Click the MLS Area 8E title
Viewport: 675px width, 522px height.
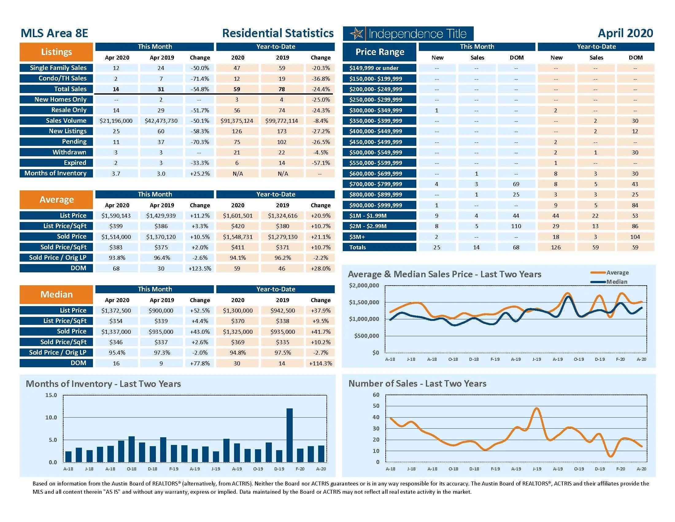54,33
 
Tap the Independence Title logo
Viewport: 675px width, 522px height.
408,33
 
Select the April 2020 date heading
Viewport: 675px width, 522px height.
625,33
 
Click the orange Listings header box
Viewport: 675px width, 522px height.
56,52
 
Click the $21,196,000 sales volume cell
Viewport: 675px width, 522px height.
116,121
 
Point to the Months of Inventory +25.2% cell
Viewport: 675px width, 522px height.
200,173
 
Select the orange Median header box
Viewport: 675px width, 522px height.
56,294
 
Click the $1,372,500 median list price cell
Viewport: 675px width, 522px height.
116,310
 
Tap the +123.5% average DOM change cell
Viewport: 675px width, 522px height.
200,268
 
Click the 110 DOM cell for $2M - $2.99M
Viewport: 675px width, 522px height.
516,226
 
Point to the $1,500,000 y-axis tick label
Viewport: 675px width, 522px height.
364,302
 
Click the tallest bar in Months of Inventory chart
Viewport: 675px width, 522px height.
290,435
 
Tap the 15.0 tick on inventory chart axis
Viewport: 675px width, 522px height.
51,395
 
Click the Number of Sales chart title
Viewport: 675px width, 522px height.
417,384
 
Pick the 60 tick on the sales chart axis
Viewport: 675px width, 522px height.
376,395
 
